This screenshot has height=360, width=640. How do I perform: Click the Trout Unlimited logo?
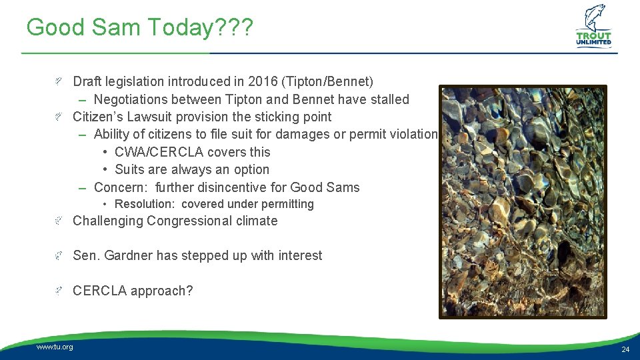(x=593, y=27)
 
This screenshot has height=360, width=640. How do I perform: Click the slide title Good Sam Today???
(x=139, y=27)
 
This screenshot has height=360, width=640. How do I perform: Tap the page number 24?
(x=625, y=349)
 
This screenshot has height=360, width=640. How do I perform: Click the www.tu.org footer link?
(x=55, y=347)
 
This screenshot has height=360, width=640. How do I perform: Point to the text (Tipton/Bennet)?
(x=327, y=81)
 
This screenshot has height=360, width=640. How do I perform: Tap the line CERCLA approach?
(x=132, y=291)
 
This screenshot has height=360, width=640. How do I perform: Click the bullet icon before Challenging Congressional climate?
(x=59, y=221)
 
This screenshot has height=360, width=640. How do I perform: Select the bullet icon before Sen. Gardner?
(x=59, y=255)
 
